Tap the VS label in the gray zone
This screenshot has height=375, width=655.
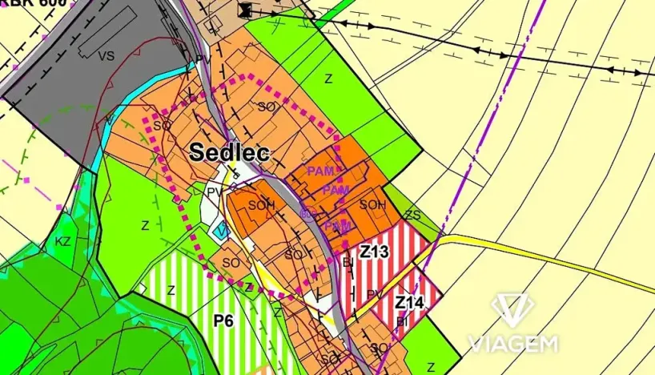pos(106,56)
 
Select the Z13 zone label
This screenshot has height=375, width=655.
pos(373,252)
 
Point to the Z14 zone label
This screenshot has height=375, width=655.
pos(408,303)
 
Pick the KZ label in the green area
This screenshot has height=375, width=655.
pos(63,240)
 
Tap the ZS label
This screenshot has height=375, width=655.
pos(412,215)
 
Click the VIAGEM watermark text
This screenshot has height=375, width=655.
pos(512,344)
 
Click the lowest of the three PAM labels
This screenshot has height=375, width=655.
pos(338,227)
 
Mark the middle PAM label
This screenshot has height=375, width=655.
pos(335,191)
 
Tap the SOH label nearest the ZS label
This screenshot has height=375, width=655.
pos(372,205)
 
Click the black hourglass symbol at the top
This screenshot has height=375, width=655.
pos(246,10)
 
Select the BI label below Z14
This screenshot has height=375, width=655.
pos(401,321)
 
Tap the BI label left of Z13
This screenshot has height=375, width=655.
pos(348,261)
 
